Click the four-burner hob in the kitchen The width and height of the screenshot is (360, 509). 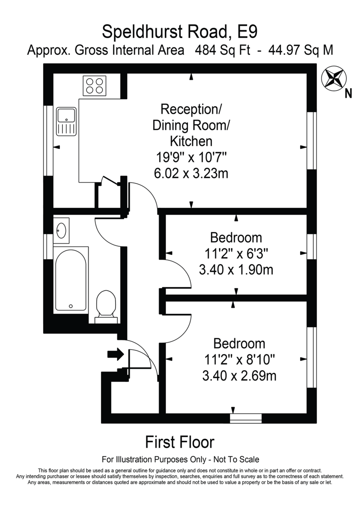click(95, 86)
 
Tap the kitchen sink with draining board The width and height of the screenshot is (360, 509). click(66, 122)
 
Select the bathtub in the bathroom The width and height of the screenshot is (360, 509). click(71, 280)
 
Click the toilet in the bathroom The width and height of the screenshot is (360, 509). click(106, 307)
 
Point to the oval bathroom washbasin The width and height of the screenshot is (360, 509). click(61, 230)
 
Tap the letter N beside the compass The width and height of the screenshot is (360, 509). click(349, 93)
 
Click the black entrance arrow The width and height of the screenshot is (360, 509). click(116, 354)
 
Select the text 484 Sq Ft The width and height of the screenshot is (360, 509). click(223, 50)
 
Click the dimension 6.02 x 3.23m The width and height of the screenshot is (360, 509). click(191, 173)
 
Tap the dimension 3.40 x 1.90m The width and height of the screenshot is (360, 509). click(236, 270)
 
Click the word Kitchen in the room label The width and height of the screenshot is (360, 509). click(191, 141)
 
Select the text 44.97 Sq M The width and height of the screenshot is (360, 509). click(301, 50)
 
